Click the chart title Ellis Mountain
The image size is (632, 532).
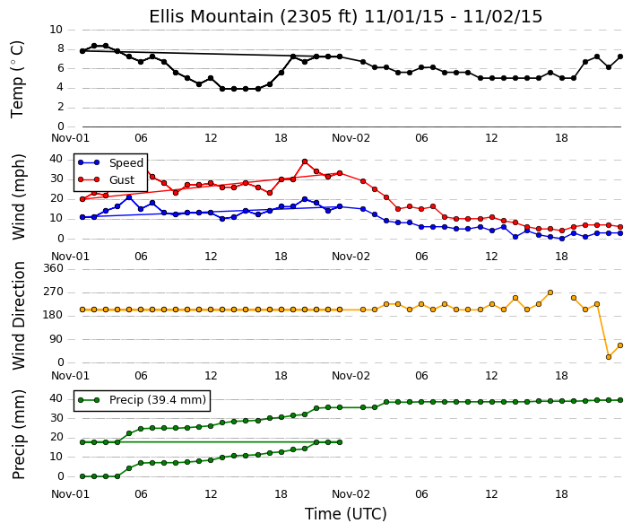point(212,17)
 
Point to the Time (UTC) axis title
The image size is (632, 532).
point(345,514)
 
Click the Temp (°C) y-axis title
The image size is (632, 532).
point(18,79)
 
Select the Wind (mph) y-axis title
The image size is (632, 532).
point(19,197)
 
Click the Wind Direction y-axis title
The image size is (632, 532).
point(19,316)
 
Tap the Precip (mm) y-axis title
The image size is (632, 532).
point(19,434)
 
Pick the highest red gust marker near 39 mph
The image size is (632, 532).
point(305,161)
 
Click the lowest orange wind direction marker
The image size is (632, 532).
point(609,357)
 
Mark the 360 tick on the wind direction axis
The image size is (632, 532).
point(54,268)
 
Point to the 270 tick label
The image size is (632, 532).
point(54,292)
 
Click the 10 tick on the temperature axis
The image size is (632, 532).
point(56,30)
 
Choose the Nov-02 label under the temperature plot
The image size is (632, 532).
point(351,138)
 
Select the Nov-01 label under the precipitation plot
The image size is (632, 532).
point(70,494)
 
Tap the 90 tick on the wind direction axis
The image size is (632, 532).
point(56,339)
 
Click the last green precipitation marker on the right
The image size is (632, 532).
point(620,400)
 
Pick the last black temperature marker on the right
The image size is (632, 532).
point(620,57)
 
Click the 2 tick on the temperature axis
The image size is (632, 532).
point(60,107)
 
